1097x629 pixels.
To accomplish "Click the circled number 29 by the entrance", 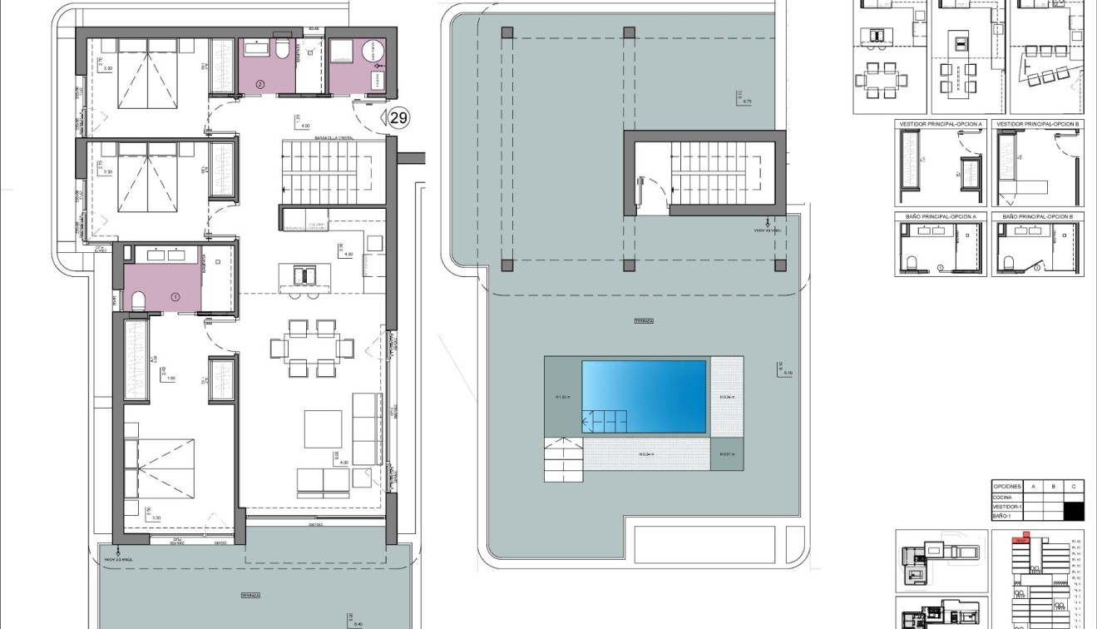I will click(398, 118).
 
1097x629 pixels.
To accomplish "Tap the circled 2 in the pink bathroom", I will click(259, 84).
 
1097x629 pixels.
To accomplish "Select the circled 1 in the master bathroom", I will click(175, 296).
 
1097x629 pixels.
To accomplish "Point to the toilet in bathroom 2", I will click(282, 52).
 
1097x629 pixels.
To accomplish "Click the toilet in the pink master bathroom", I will click(138, 299).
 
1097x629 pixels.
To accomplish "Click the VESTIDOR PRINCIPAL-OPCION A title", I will click(941, 124).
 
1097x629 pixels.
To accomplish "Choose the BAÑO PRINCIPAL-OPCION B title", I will click(1037, 216).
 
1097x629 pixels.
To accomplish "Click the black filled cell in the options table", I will click(1074, 511).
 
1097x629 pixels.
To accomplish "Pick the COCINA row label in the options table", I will click(1002, 498).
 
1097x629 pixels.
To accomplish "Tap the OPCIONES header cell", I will click(1007, 487).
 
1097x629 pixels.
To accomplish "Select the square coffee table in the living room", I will click(323, 428).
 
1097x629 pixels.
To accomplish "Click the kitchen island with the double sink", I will click(304, 275).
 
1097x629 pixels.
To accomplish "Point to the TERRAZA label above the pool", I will click(643, 320).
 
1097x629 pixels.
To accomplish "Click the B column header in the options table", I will click(1053, 487).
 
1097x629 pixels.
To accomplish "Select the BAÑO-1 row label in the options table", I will click(1001, 516).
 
